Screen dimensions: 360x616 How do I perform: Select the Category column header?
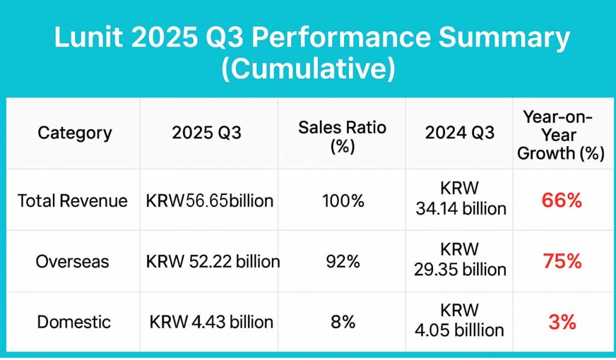[75, 132]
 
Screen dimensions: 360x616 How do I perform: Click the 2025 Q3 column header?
[206, 132]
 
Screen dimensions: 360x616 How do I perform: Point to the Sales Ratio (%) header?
[342, 137]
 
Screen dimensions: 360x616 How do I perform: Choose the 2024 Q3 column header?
[460, 132]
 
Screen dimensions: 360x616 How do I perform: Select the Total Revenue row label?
[73, 200]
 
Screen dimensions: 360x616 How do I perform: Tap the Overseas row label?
[72, 261]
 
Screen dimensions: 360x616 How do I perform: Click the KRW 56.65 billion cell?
[209, 200]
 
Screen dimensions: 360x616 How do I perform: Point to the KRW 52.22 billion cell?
[213, 261]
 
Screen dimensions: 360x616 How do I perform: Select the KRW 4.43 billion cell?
[211, 321]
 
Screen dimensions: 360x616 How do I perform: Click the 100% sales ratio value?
[342, 200]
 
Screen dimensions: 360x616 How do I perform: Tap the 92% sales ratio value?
[342, 261]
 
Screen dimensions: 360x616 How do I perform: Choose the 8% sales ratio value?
[342, 321]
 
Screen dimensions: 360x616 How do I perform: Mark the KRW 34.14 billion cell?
[460, 200]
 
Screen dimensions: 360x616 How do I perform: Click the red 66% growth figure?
[561, 200]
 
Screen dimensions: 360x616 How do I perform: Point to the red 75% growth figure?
[561, 261]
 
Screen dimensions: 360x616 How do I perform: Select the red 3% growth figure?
[562, 321]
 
